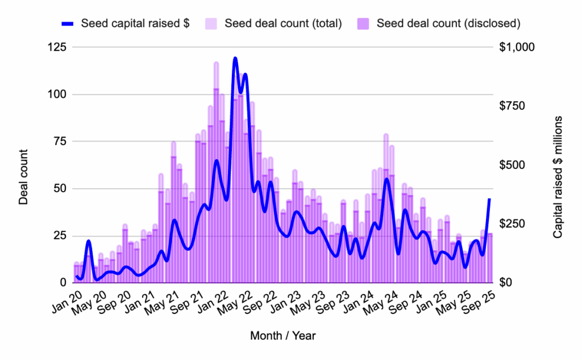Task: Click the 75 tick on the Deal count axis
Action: coord(61,142)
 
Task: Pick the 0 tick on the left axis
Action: coord(63,283)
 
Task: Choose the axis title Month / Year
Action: coord(282,336)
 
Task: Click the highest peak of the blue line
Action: coord(235,58)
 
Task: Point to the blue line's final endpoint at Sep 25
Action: coord(490,199)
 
